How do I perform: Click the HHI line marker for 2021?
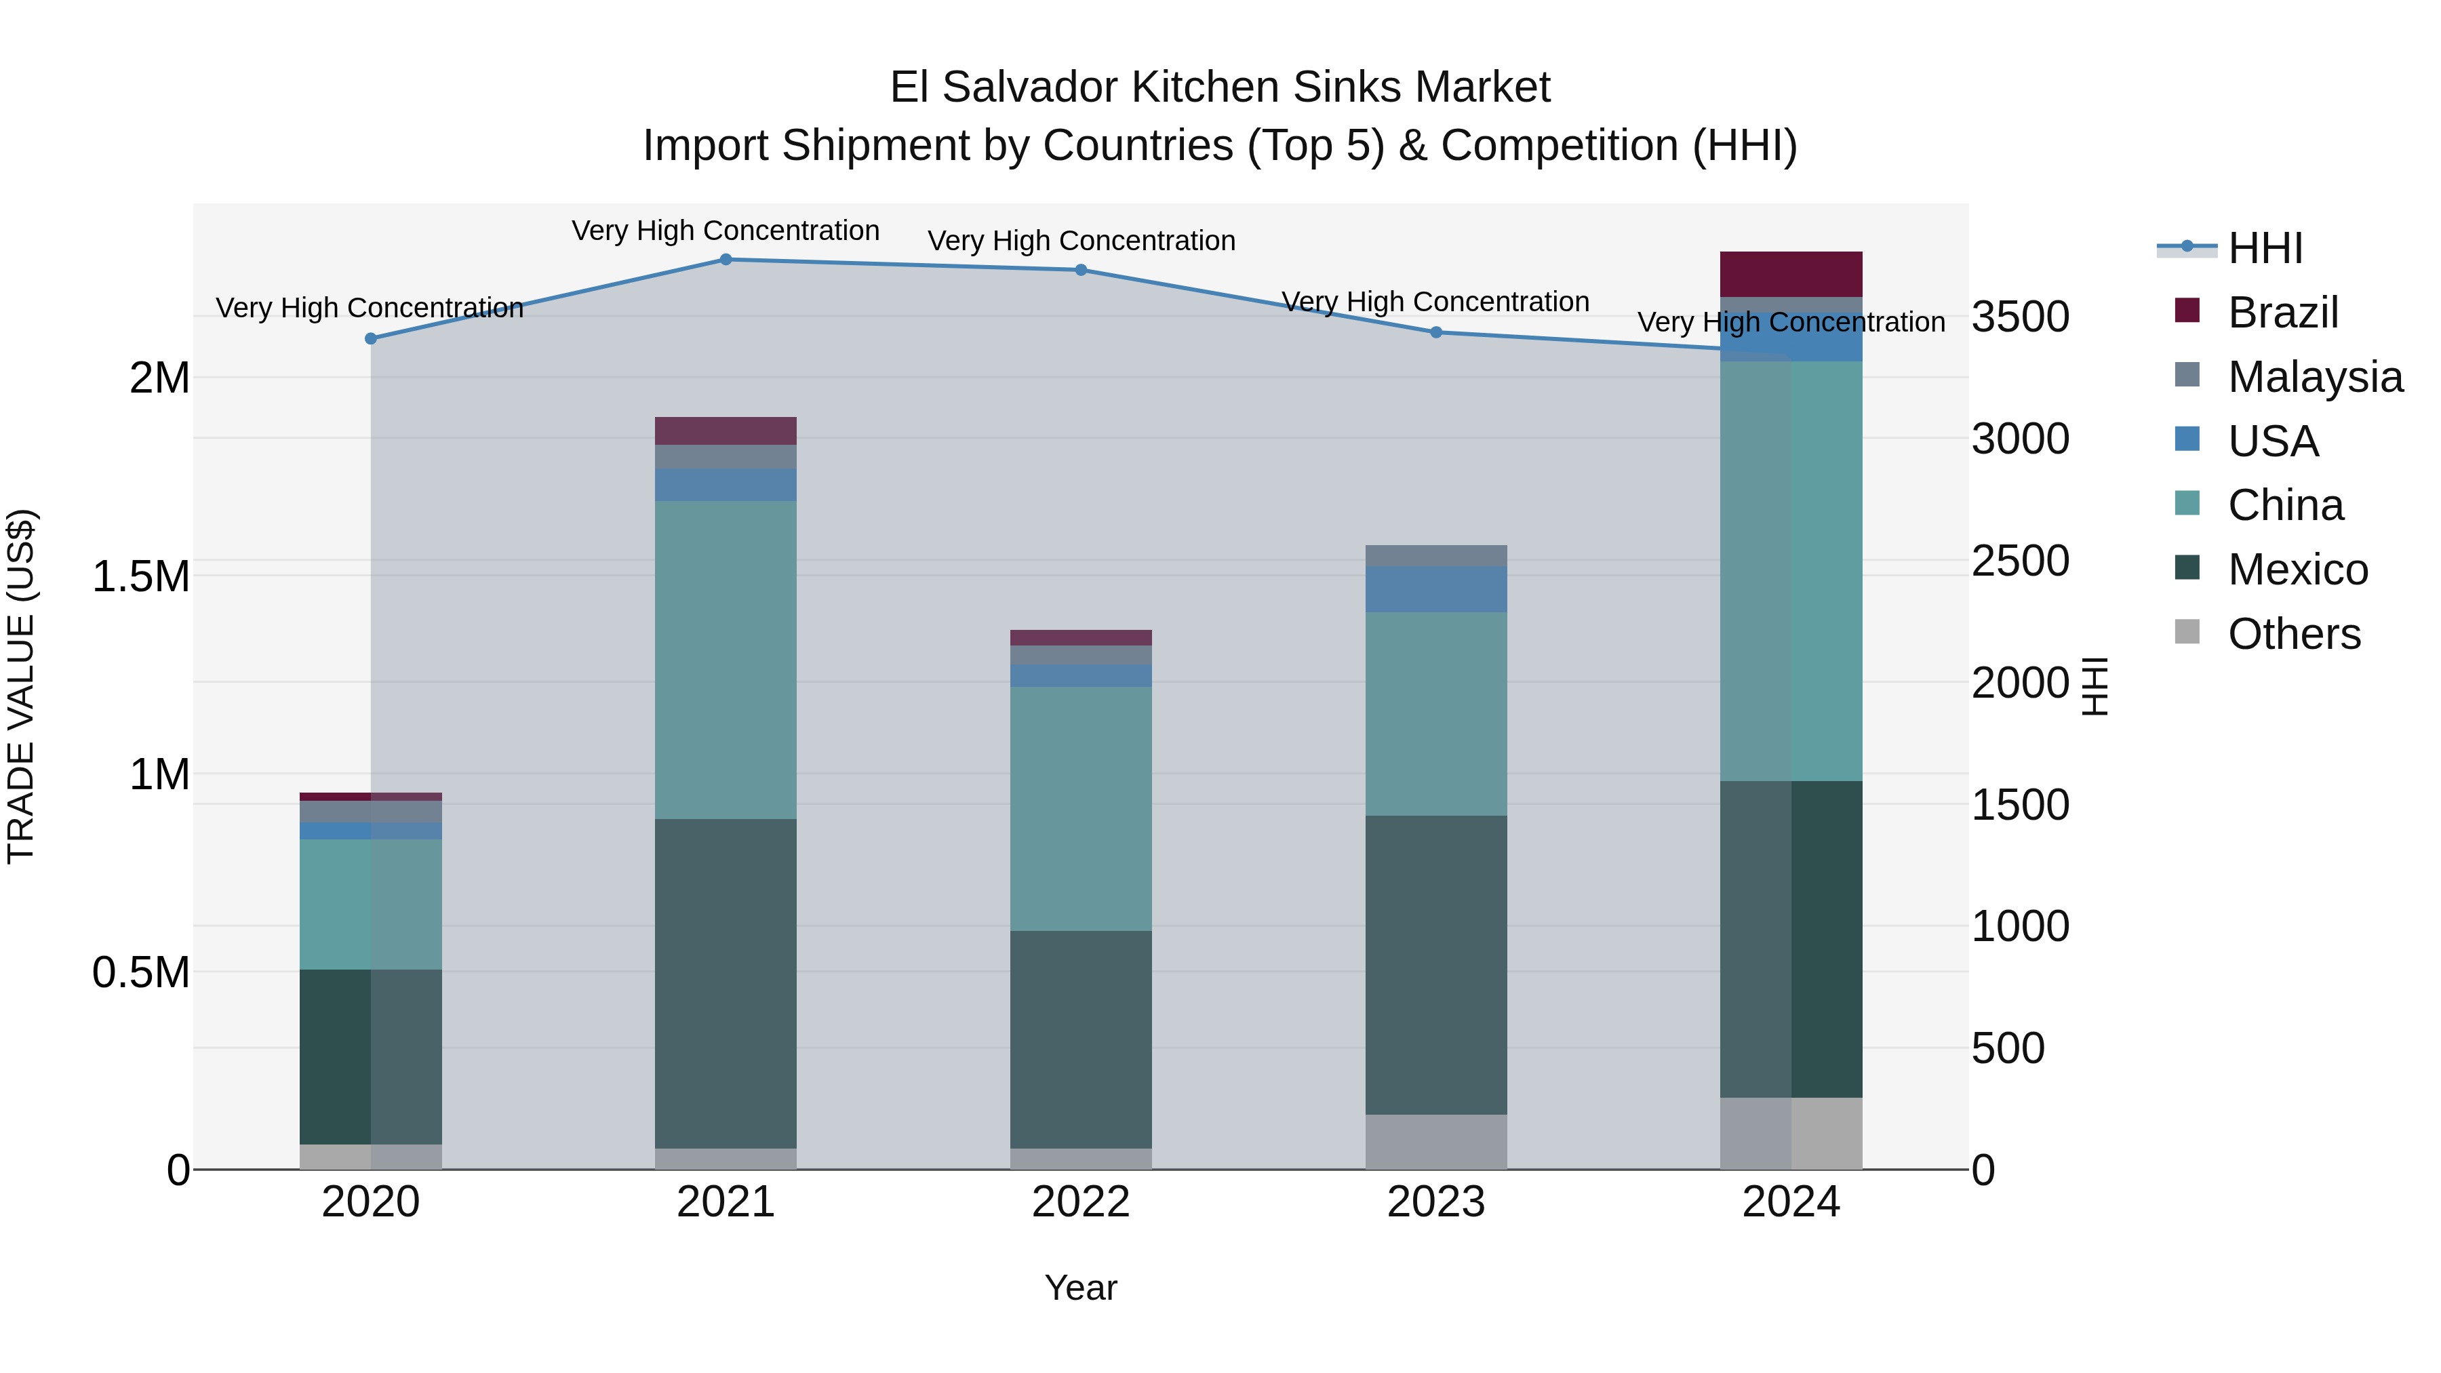pos(726,259)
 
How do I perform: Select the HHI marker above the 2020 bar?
pos(370,338)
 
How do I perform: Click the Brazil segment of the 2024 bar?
pos(1791,274)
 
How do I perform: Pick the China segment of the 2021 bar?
pos(726,660)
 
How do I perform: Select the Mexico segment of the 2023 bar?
pos(1435,965)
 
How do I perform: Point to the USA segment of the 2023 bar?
pos(1435,589)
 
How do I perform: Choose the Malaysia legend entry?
pos(2315,377)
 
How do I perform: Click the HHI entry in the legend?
pos(2265,248)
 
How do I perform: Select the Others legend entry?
pos(2293,634)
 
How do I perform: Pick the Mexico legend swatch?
pos(2187,568)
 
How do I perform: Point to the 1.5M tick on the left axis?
pos(141,577)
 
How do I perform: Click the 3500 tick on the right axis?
pos(2021,317)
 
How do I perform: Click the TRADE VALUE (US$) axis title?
pos(21,686)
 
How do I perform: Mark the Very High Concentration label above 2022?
pos(1081,241)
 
